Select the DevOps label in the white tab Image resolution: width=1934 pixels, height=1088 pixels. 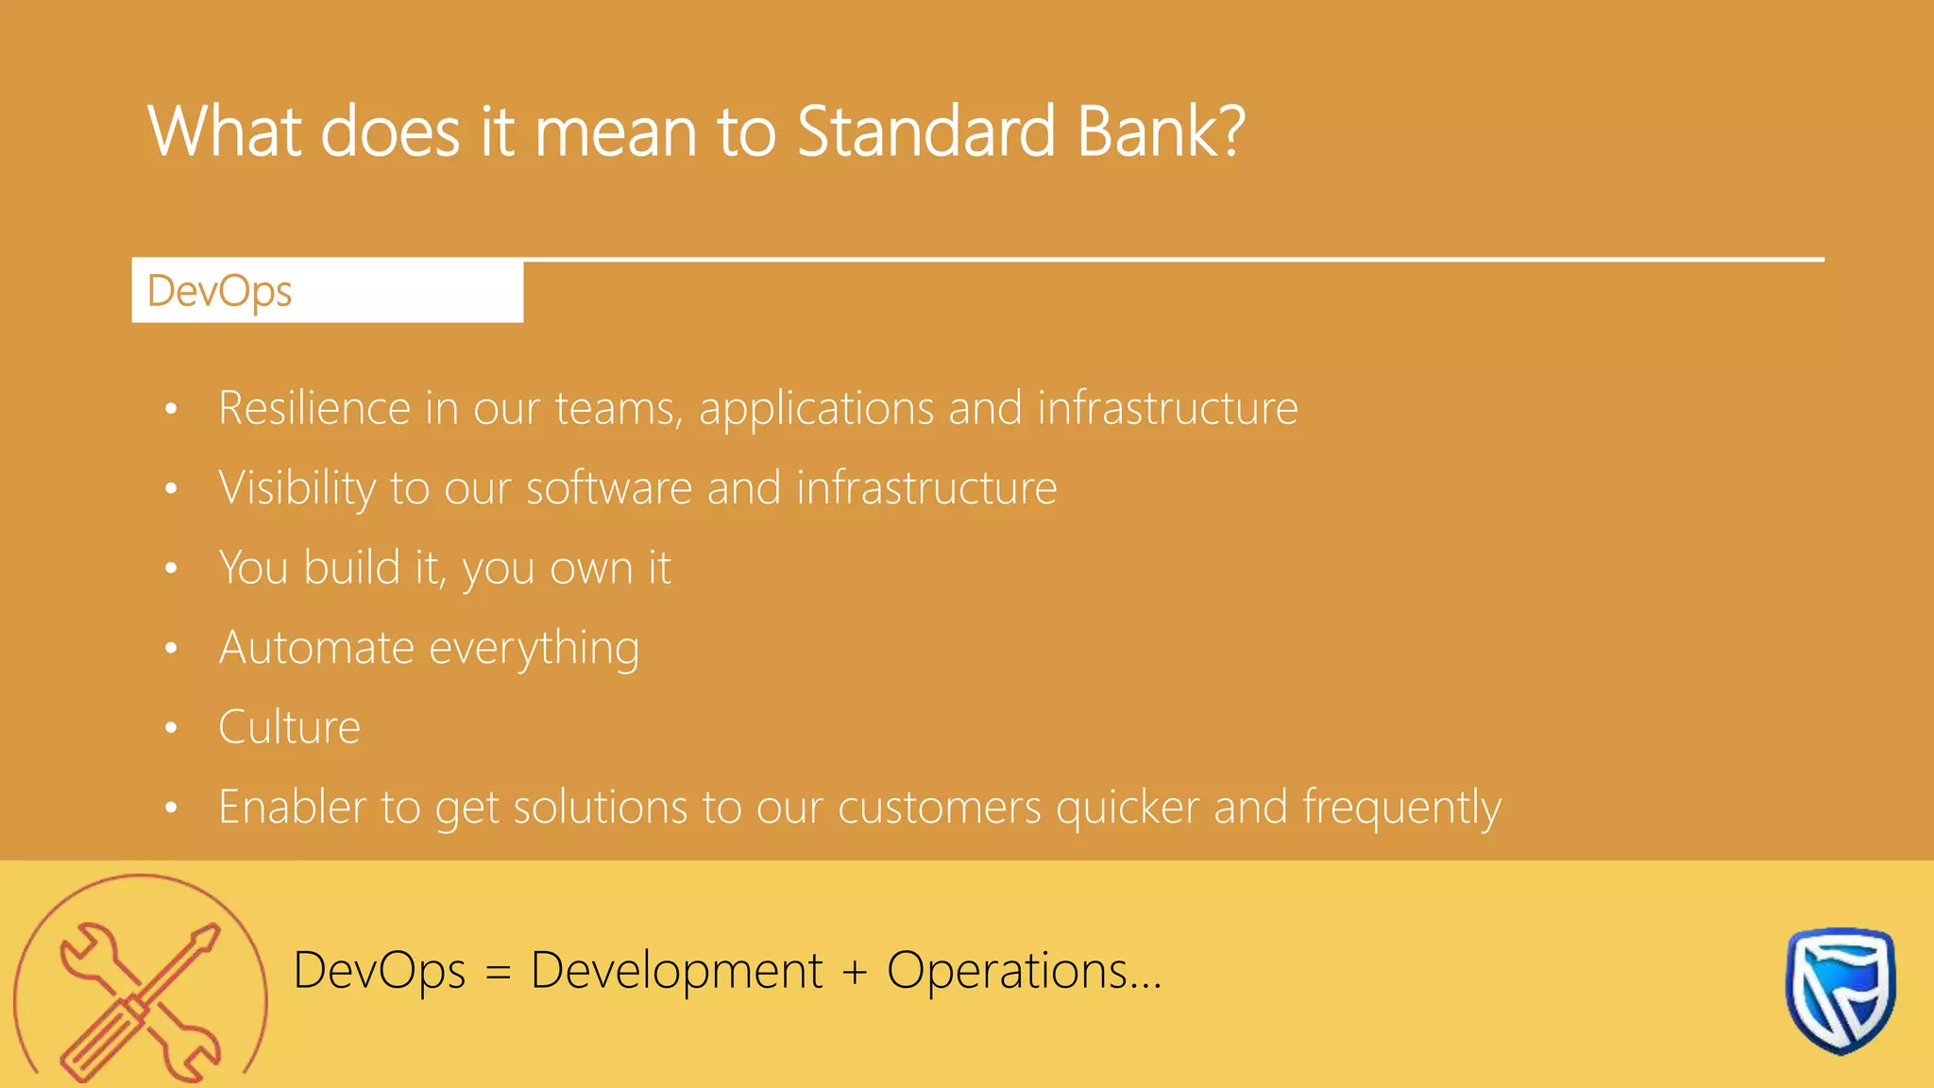(219, 291)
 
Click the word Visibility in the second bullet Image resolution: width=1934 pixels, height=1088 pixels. (297, 489)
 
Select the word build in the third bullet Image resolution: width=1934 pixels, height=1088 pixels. (351, 568)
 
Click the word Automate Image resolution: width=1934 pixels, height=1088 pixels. (316, 648)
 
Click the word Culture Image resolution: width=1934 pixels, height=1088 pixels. (289, 727)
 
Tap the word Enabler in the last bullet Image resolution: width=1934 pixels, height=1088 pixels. (292, 807)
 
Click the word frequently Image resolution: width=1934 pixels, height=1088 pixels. (1401, 808)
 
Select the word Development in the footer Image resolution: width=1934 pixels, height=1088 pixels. (676, 971)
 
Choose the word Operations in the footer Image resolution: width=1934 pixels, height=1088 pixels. (1007, 971)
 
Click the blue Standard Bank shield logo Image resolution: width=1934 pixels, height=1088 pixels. (1840, 990)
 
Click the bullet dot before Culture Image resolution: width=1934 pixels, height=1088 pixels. (171, 728)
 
